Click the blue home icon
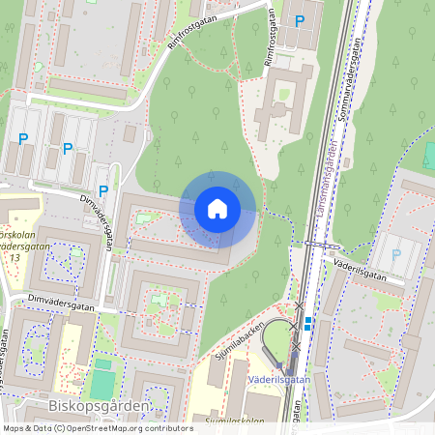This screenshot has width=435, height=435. coord(217,209)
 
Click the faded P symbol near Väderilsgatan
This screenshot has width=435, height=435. coord(396,254)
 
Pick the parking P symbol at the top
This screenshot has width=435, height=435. coord(300,20)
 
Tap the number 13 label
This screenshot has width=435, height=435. coord(14,258)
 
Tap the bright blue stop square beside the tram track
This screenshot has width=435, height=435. coord(307,325)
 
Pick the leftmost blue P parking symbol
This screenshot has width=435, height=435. coord(22,139)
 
